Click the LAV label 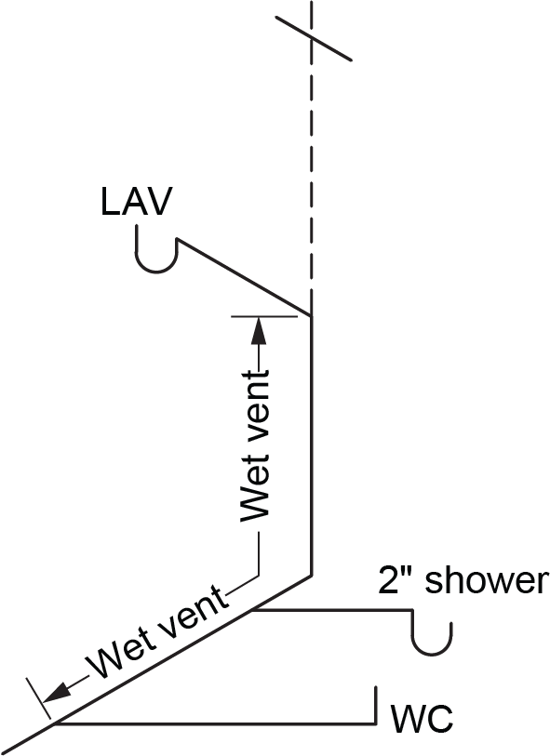(x=136, y=202)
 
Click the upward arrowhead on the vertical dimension (x=258, y=327)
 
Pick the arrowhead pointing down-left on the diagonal (x=58, y=694)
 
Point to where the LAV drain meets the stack (x=311, y=316)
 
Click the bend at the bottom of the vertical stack (x=311, y=576)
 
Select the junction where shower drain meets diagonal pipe (x=253, y=611)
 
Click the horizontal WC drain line (x=214, y=723)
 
